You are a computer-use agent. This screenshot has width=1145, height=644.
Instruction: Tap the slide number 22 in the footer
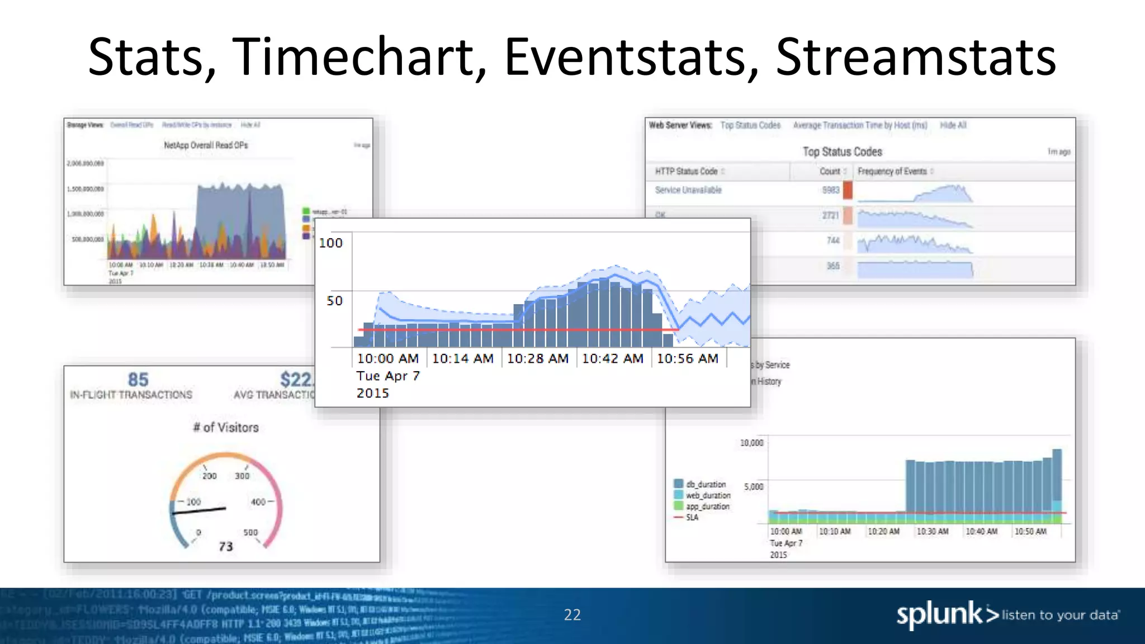click(x=572, y=615)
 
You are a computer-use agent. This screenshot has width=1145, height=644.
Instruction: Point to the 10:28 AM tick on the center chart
click(x=537, y=359)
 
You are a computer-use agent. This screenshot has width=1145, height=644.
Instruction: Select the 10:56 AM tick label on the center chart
click(x=687, y=359)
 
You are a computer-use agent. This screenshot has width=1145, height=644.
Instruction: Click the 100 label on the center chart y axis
click(x=330, y=243)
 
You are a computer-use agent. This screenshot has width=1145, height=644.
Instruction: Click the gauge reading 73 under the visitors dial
click(x=226, y=546)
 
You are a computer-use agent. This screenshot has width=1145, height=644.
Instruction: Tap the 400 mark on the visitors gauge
click(x=258, y=502)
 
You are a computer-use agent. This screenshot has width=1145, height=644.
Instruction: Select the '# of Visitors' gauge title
click(x=226, y=428)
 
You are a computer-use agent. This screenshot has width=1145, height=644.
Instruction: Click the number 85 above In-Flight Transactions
click(x=138, y=380)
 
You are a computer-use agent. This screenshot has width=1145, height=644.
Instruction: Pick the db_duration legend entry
click(x=706, y=484)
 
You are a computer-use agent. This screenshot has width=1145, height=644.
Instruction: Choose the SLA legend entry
click(x=692, y=518)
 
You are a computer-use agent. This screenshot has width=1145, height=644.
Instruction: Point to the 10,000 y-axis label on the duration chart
click(x=751, y=443)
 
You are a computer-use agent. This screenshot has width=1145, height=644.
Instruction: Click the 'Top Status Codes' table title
click(x=842, y=152)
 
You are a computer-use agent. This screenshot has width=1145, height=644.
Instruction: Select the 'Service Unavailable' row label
click(x=688, y=190)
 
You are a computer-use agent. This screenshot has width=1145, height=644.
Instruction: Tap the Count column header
click(x=830, y=172)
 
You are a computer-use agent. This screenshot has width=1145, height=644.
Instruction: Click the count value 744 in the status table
click(x=832, y=240)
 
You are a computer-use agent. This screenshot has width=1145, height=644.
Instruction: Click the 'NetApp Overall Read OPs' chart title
click(x=206, y=145)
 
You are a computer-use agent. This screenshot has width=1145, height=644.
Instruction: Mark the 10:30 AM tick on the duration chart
click(x=932, y=532)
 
